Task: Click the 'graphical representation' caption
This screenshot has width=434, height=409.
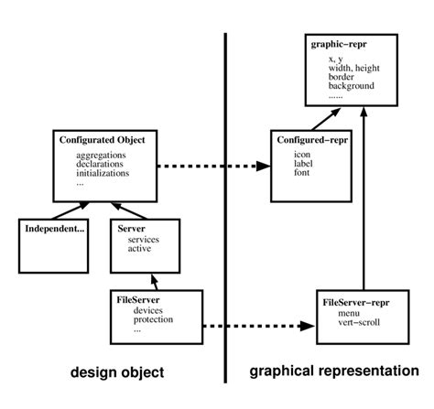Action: coord(335,372)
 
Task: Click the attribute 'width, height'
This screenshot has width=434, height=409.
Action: coord(355,69)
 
